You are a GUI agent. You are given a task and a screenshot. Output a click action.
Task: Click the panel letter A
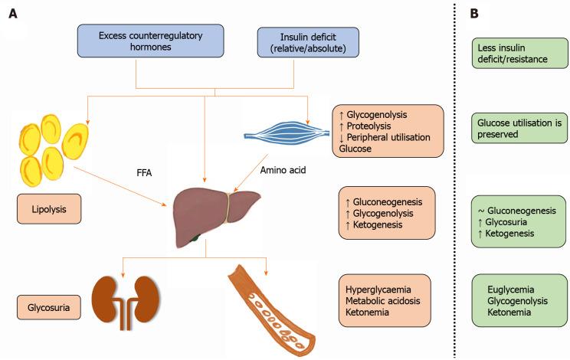click(14, 15)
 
